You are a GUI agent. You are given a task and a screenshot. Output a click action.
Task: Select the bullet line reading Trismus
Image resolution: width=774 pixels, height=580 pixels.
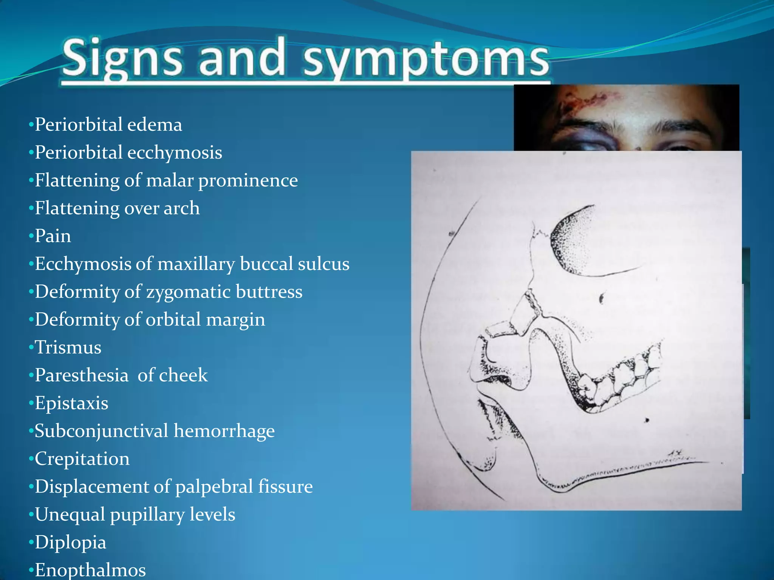point(68,347)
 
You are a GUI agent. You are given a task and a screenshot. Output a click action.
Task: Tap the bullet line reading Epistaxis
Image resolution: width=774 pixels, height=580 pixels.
point(71,403)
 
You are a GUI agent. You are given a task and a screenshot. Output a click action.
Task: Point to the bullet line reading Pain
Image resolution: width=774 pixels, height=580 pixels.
point(53,236)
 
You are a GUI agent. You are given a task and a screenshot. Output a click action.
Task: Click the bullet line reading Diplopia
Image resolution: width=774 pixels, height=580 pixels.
point(70,542)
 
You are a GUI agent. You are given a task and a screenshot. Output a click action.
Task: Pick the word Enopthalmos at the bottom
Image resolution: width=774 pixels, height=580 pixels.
point(90,570)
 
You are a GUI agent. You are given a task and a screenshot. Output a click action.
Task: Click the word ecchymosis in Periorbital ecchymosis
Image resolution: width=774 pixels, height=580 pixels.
point(175,153)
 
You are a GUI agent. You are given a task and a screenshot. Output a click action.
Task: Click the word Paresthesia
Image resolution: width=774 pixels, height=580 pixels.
point(82,375)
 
